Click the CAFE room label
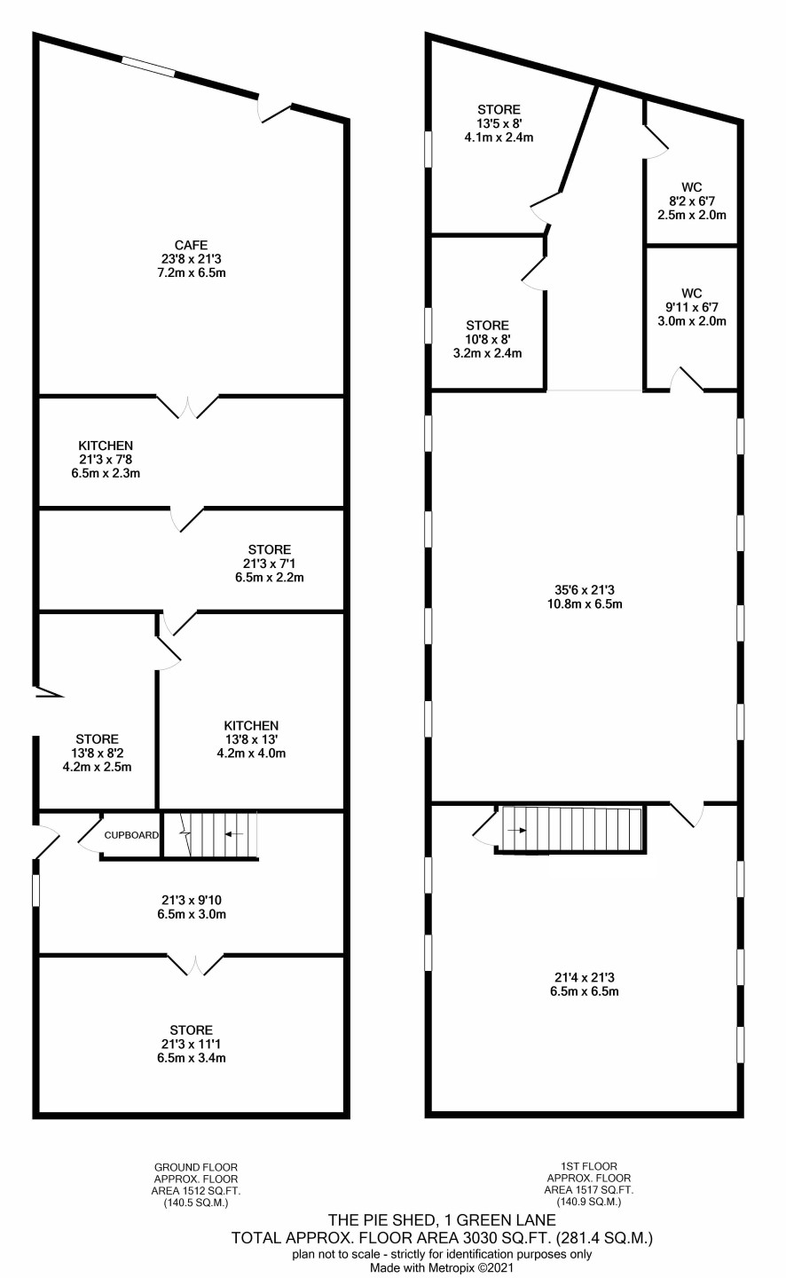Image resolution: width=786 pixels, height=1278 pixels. tap(191, 245)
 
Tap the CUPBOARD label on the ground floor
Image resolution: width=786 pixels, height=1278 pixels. tap(131, 835)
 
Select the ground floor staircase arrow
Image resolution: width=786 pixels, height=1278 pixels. tap(234, 834)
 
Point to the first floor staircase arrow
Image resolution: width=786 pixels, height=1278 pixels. tap(517, 831)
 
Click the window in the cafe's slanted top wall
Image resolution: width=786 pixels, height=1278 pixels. tap(148, 66)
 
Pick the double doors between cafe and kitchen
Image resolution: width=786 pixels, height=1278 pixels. tap(188, 406)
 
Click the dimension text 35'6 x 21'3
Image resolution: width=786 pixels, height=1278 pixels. tap(585, 590)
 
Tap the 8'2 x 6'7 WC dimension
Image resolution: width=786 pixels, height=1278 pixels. tap(692, 201)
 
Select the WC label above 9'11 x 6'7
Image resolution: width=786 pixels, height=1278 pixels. tap(692, 293)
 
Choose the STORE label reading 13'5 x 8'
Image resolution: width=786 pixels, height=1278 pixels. tap(499, 109)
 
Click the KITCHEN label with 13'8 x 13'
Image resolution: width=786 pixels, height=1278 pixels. tap(251, 726)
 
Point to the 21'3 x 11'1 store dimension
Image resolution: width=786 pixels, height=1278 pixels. tap(192, 1044)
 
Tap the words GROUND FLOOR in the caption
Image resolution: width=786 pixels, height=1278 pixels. tap(196, 1167)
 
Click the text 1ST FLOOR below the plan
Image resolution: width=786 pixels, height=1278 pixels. tap(589, 1166)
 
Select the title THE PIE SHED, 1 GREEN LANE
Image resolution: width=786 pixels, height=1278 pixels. tap(442, 1220)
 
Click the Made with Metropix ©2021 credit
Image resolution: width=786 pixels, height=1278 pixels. tap(442, 1267)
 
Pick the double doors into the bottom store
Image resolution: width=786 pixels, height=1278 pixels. tap(196, 965)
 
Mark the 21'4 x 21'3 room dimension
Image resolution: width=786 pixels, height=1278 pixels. tap(585, 977)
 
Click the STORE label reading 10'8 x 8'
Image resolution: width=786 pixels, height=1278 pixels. tap(488, 325)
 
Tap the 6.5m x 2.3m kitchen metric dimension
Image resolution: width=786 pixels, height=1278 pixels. tap(106, 473)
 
